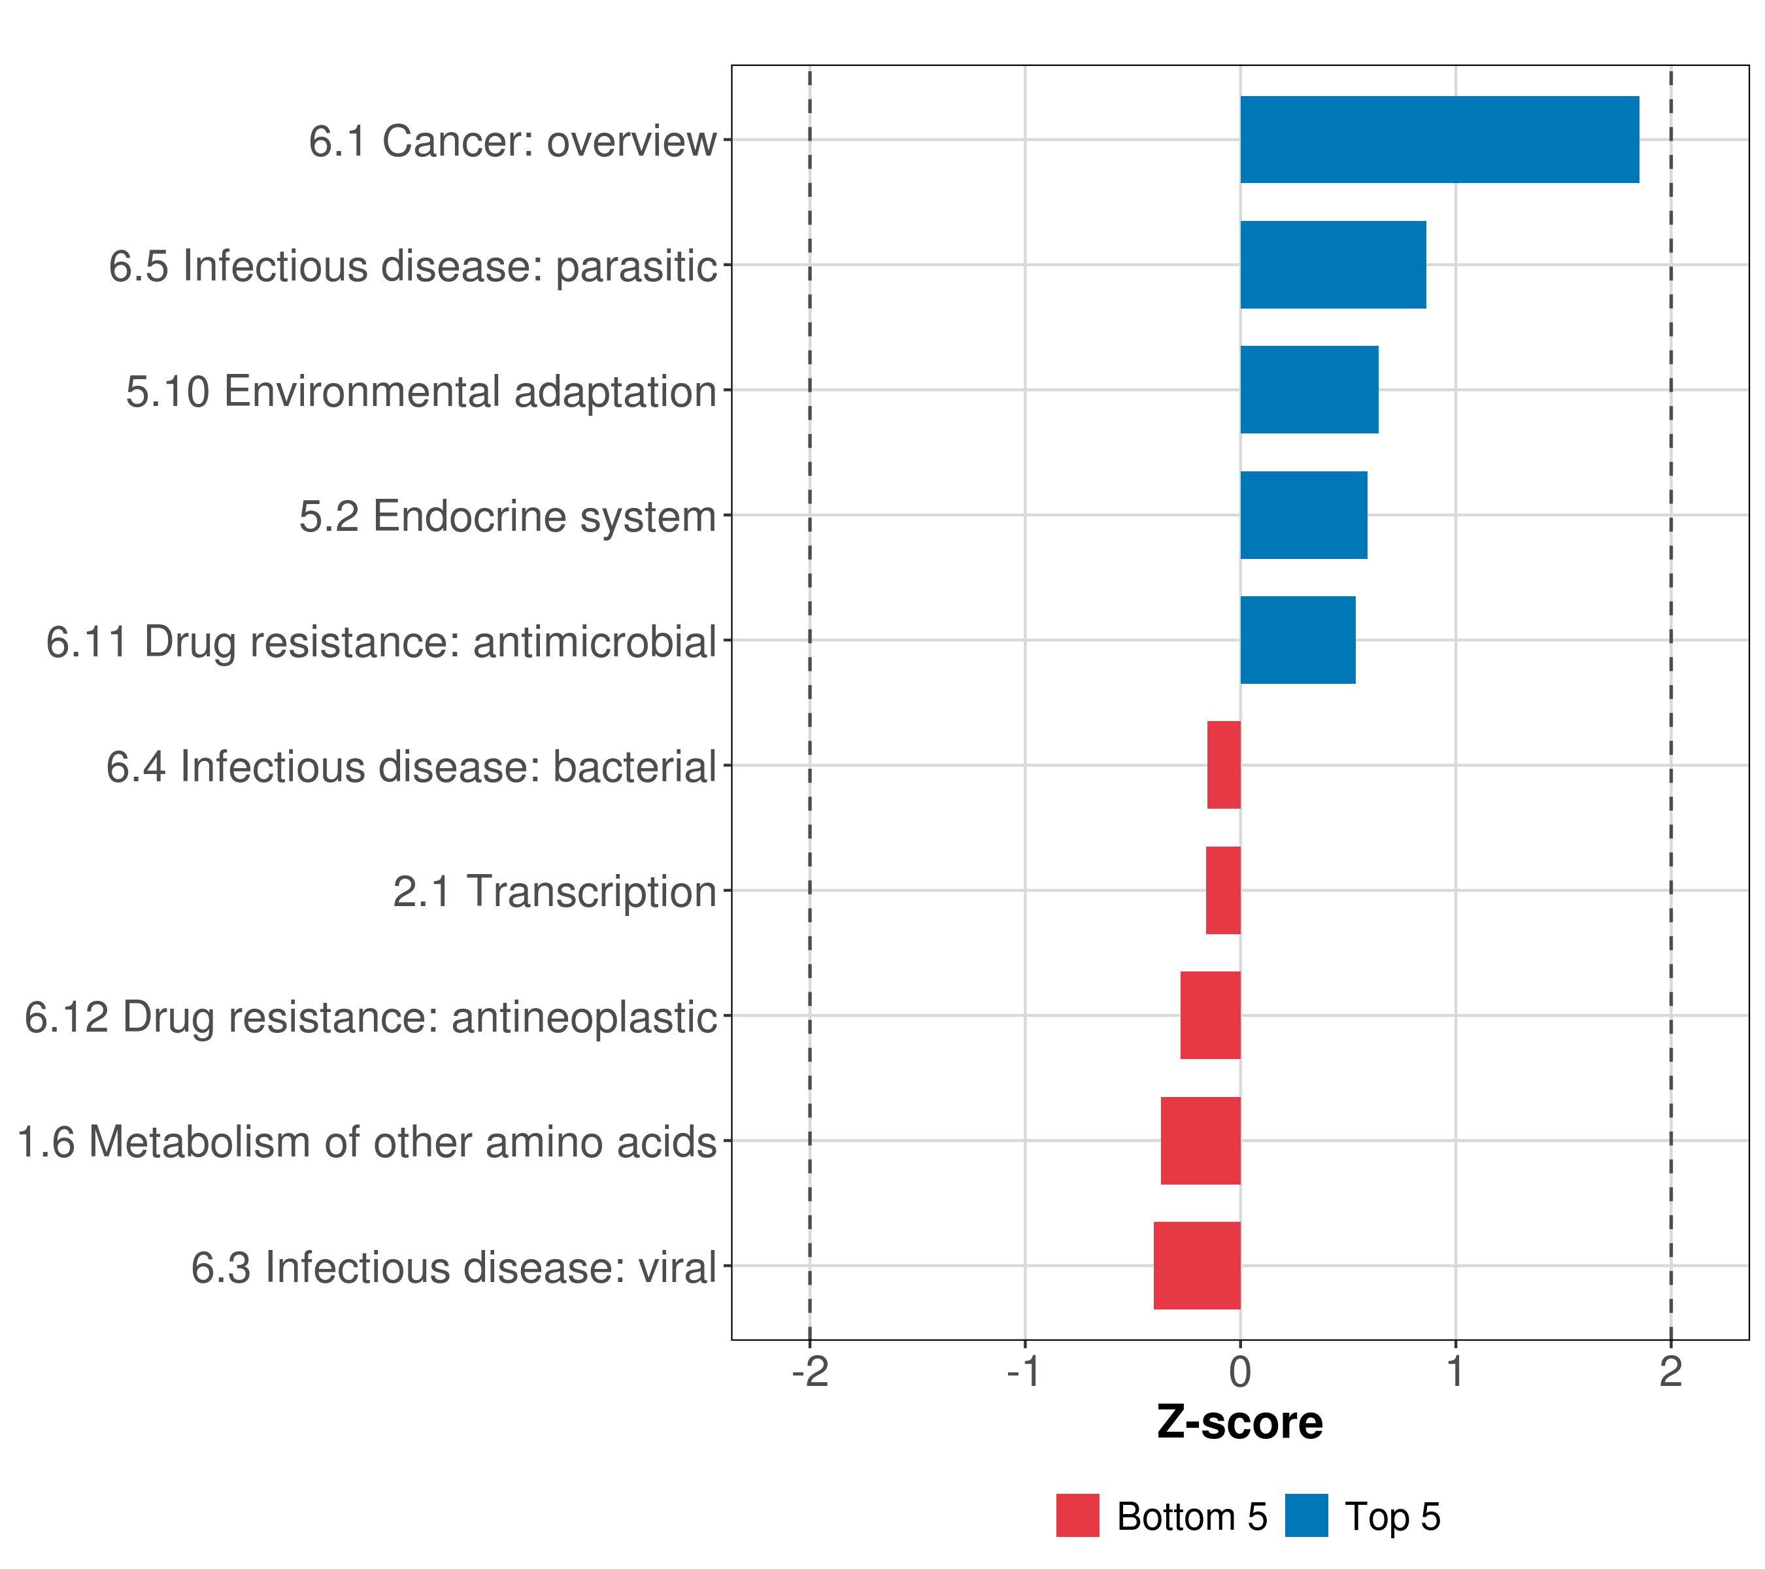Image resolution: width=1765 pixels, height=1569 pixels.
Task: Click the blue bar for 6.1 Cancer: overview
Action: click(1439, 140)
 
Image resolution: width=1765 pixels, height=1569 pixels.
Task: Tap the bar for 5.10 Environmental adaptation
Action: click(1309, 390)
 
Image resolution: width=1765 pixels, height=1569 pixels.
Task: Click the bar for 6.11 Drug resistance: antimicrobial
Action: click(1297, 640)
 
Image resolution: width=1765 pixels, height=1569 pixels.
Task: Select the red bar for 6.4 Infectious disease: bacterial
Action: click(1224, 765)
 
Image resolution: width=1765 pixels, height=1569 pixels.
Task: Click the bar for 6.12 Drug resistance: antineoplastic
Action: click(1210, 1015)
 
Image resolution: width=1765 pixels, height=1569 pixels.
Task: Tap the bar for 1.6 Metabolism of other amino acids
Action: click(1200, 1141)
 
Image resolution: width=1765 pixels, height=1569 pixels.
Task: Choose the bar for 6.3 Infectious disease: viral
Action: click(1197, 1266)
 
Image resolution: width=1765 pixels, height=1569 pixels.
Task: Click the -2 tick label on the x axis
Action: click(809, 1372)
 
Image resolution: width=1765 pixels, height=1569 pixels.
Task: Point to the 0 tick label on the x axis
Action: click(1240, 1372)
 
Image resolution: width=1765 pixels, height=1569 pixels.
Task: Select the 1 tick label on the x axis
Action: click(1455, 1372)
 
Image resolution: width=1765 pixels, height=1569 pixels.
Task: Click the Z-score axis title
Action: click(1239, 1423)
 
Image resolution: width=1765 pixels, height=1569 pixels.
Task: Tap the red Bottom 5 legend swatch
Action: click(1078, 1515)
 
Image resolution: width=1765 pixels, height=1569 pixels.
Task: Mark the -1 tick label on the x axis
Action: click(1024, 1372)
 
